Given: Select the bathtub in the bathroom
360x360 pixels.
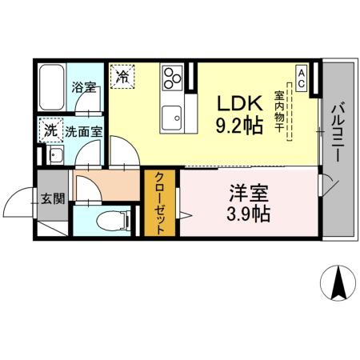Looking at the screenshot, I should (52, 89).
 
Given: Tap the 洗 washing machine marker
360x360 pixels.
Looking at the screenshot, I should (50, 130).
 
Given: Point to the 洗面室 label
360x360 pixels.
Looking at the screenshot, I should (83, 130).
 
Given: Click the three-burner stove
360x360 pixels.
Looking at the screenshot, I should (173, 78).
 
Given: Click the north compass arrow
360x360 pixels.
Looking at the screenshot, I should (338, 284).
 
